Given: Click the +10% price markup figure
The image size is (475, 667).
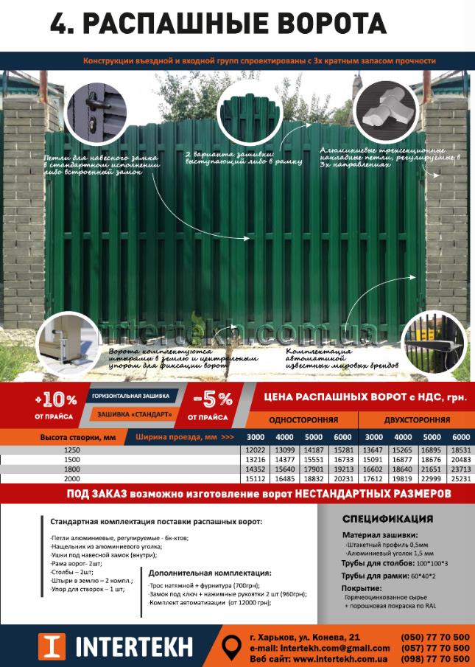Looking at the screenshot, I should tap(56, 401).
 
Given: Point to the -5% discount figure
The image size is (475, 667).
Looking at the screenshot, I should tap(213, 400).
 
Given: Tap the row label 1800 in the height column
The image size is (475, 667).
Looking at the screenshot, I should tap(71, 469).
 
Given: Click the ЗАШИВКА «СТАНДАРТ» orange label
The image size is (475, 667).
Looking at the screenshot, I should tap(136, 415).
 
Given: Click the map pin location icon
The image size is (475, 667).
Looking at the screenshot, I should tap(231, 646).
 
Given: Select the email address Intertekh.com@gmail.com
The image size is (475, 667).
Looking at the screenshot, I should tap(318, 647).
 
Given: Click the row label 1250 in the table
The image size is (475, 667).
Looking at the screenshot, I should tap(71, 450).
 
